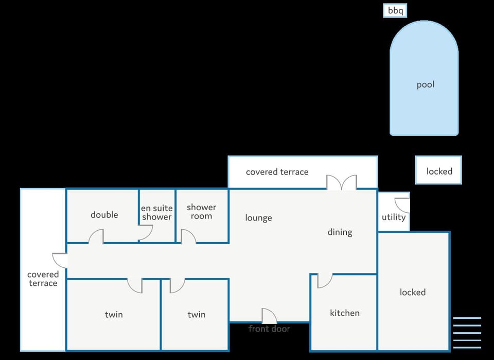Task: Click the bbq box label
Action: click(395, 11)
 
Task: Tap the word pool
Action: click(426, 85)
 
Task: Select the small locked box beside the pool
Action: click(438, 170)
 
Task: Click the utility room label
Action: click(394, 217)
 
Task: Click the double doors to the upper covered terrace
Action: click(342, 182)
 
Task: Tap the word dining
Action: click(340, 232)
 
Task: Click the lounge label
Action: click(258, 218)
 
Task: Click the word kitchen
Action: click(345, 313)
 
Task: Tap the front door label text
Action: click(269, 329)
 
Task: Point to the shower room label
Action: click(201, 212)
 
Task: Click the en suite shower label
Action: click(156, 213)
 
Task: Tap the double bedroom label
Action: click(104, 215)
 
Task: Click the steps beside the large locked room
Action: click(467, 333)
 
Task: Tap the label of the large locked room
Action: click(413, 292)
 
